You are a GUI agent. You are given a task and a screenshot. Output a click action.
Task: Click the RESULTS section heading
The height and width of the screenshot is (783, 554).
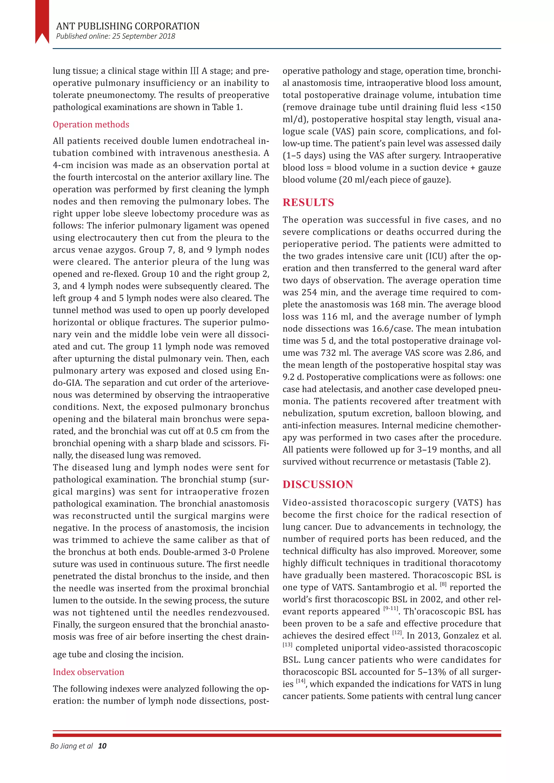(308, 203)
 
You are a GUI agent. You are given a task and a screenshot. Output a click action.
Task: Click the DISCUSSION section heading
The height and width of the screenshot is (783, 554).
(318, 485)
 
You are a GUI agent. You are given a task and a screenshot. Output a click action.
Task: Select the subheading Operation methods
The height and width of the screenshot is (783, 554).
(91, 124)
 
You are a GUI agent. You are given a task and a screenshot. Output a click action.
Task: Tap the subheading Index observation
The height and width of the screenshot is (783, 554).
(88, 672)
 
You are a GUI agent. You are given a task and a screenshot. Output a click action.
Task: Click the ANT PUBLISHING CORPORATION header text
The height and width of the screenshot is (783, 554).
(128, 26)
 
